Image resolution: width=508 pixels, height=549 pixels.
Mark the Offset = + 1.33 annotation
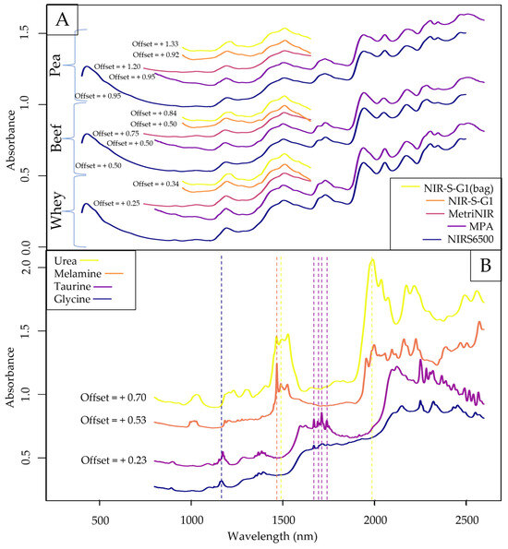click(x=160, y=42)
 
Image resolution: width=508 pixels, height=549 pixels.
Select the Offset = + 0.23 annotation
click(x=117, y=459)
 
